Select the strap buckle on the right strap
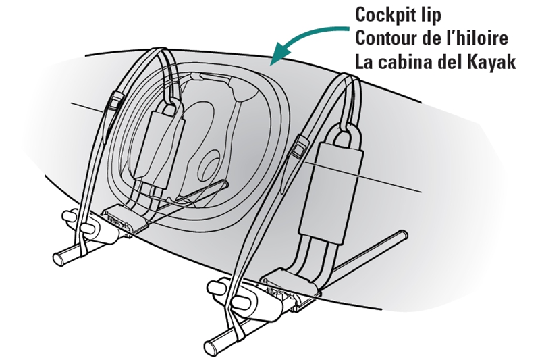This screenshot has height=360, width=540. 299,148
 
